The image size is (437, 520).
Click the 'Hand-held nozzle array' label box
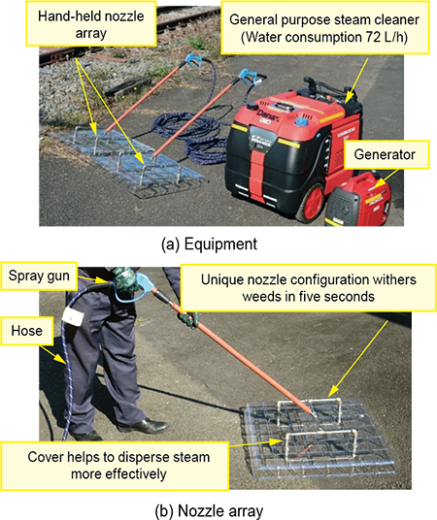tap(90, 24)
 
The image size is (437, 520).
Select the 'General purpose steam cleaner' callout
tap(324, 28)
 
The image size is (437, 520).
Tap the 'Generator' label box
tap(385, 154)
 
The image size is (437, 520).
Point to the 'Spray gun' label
tap(39, 276)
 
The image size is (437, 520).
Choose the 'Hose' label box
tap(26, 331)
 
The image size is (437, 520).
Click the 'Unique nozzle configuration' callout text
tap(308, 288)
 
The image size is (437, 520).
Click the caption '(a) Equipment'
tap(209, 244)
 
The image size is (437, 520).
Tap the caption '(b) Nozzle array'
tap(209, 511)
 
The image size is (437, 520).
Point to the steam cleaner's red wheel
tap(311, 203)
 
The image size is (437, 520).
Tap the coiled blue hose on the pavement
tap(189, 136)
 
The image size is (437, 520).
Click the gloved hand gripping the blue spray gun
tap(124, 280)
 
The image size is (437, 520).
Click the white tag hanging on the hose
tap(73, 316)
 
